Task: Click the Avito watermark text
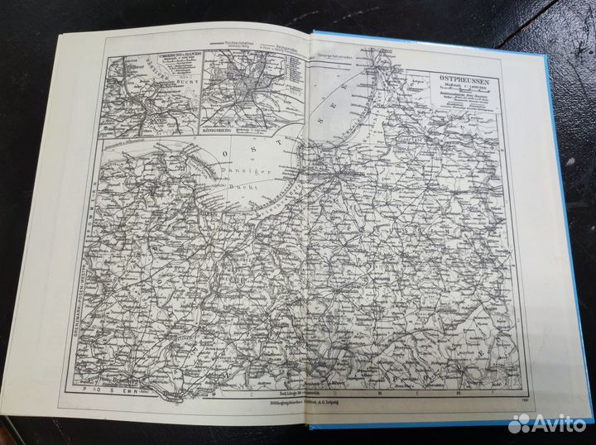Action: (560, 423)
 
